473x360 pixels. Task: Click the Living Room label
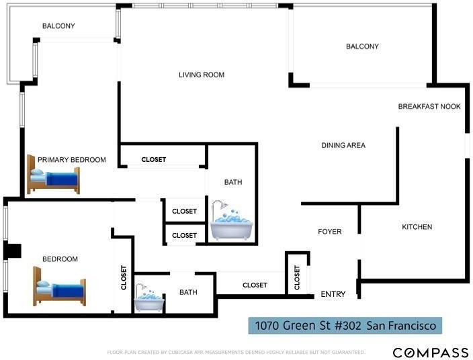point(202,75)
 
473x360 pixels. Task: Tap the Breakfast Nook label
point(429,106)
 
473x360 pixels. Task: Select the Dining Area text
point(343,145)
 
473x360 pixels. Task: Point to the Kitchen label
point(417,227)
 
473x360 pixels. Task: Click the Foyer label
point(330,232)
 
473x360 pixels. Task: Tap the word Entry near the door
point(333,294)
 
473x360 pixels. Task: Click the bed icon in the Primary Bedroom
point(53,174)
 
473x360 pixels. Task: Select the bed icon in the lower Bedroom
point(59,286)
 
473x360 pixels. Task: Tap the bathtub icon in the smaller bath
point(149,298)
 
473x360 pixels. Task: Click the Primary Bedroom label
point(72,160)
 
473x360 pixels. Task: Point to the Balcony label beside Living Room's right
point(362,46)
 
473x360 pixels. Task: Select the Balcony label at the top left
point(58,26)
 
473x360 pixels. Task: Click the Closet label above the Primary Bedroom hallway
point(154,159)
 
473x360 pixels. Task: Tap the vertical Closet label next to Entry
point(297,277)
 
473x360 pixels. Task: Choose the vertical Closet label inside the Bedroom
point(124,277)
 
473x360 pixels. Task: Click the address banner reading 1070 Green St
point(345,326)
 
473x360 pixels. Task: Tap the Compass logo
point(431,353)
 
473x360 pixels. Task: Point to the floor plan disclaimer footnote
point(236,352)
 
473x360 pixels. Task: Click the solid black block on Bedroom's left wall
point(12,251)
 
